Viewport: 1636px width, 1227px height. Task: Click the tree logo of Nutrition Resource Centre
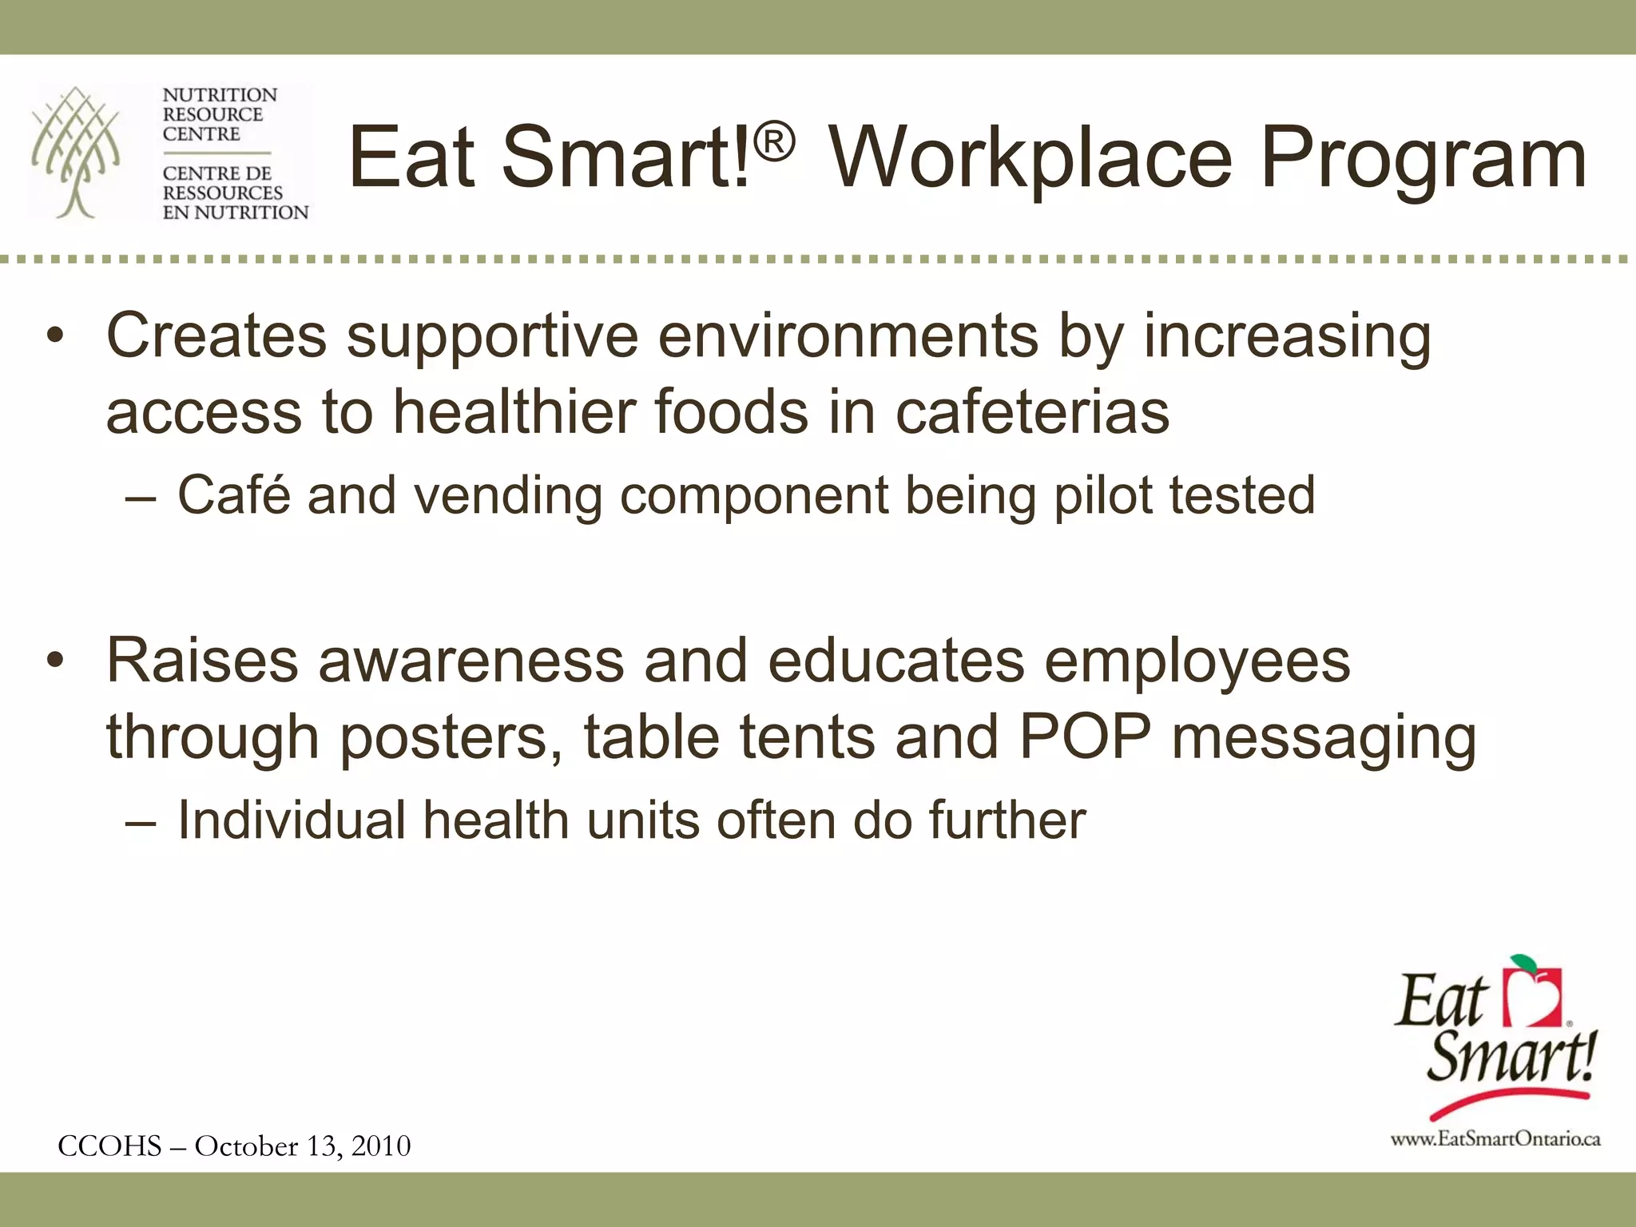[76, 152]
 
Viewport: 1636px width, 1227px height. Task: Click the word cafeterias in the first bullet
[1032, 412]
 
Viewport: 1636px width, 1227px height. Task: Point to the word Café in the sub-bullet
[233, 494]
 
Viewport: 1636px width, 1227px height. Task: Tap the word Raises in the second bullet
[203, 661]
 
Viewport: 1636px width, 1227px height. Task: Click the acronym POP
[1085, 737]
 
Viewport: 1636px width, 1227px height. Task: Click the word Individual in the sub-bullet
[292, 820]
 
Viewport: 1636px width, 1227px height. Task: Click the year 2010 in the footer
[381, 1146]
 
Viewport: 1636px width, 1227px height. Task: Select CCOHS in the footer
[110, 1146]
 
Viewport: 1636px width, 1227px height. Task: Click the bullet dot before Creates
[54, 336]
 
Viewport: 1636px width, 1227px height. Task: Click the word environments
[848, 336]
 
